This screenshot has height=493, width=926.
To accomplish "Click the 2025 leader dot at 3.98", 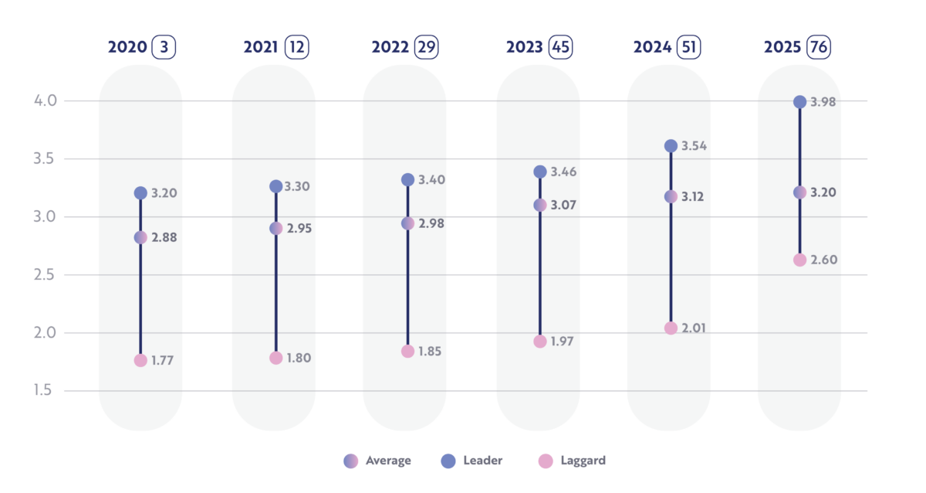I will point(799,102).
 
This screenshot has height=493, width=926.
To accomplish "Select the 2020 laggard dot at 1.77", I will point(140,360).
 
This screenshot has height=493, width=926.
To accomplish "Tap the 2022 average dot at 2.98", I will point(408,223).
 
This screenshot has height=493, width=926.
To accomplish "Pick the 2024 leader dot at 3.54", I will point(671,146).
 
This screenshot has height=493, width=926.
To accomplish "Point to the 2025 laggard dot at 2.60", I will point(799,260).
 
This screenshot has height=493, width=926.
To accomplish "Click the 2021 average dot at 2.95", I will point(275,229).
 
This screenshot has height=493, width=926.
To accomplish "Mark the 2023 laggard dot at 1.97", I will point(540,342).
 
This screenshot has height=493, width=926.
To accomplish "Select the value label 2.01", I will point(694,328).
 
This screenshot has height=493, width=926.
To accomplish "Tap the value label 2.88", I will point(164,237).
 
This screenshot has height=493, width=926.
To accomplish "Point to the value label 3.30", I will point(296,186).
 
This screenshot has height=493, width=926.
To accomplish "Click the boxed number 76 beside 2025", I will point(819,47).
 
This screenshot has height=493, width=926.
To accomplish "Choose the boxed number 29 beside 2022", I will point(426,47).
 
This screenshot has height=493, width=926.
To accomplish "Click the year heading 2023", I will point(525,47).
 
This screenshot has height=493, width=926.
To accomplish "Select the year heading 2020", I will point(127,47).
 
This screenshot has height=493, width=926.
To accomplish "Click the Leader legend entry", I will point(471,461).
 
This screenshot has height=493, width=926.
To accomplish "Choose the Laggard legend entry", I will point(572,461).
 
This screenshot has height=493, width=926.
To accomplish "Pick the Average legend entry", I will point(377,461).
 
